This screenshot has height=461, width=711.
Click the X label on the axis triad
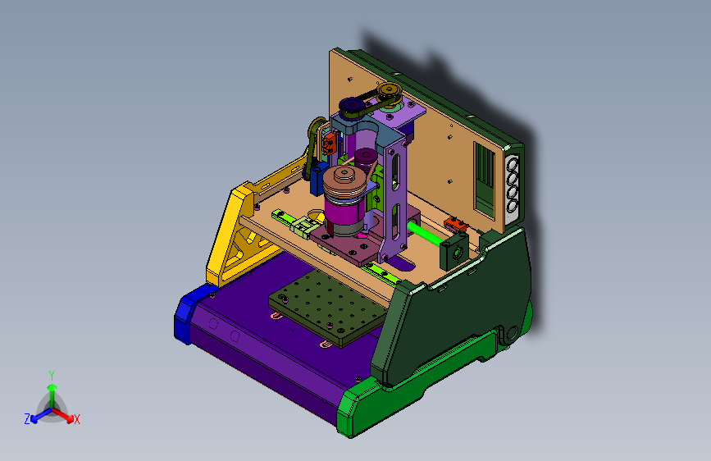pos(76,419)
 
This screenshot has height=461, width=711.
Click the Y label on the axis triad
pos(52,376)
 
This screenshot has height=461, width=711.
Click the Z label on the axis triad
pos(27,419)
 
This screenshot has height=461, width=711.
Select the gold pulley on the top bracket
pos(389,92)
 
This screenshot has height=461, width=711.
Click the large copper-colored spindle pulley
pos(344,181)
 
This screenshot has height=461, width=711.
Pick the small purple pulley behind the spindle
pos(366,157)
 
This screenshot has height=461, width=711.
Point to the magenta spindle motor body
pos(344,213)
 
